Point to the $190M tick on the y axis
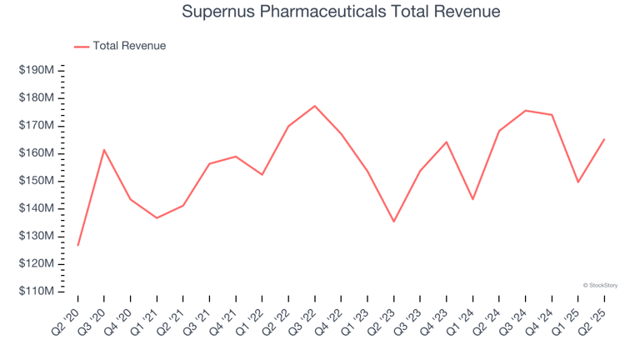tap(36, 71)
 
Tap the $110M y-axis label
tap(36, 292)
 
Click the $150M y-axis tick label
tap(36, 181)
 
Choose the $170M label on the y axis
tap(36, 126)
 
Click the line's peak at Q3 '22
tap(314, 106)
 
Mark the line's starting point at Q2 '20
tap(77, 245)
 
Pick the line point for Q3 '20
tap(104, 150)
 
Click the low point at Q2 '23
tap(393, 222)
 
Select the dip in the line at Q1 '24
tap(472, 199)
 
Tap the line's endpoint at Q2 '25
tap(604, 139)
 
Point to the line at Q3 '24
tap(525, 110)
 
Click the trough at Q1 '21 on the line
tap(157, 218)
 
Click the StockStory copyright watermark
tap(600, 285)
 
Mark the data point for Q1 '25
tap(577, 182)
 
